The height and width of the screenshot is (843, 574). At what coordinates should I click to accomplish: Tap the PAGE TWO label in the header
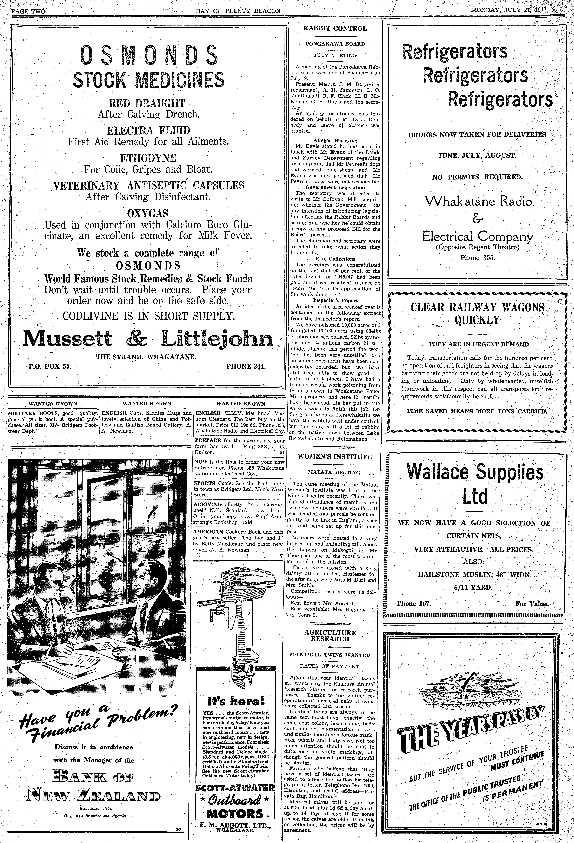click(28, 11)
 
